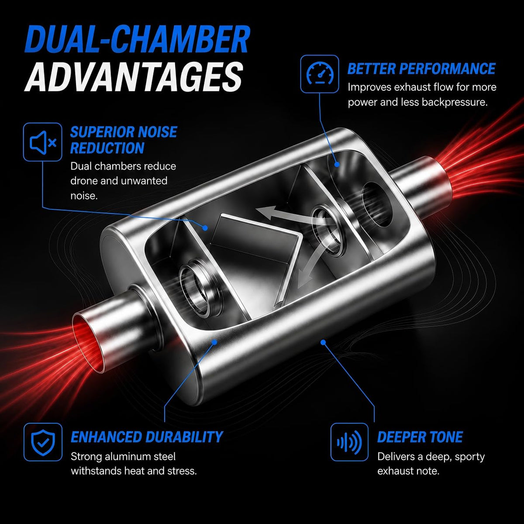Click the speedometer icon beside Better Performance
pyautogui.click(x=320, y=74)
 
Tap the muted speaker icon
pyautogui.click(x=43, y=142)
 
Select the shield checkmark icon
pyautogui.click(x=43, y=442)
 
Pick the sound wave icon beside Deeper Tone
pyautogui.click(x=349, y=442)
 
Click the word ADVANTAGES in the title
pyautogui.click(x=134, y=77)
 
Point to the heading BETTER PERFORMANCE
pyautogui.click(x=421, y=69)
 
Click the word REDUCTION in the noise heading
pyautogui.click(x=107, y=148)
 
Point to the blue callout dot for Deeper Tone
pyautogui.click(x=323, y=342)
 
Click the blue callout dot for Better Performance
pyautogui.click(x=337, y=164)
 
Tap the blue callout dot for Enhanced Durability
pyautogui.click(x=214, y=342)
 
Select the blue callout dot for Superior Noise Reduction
pyautogui.click(x=205, y=228)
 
